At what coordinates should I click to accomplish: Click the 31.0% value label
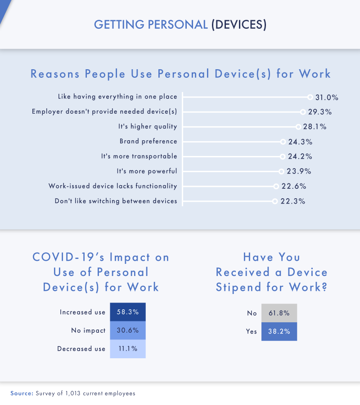(x=326, y=97)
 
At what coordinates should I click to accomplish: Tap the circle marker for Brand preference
(x=283, y=142)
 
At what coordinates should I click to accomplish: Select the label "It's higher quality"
(x=148, y=127)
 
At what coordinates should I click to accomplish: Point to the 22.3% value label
(x=292, y=201)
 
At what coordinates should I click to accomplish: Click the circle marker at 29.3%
(x=303, y=112)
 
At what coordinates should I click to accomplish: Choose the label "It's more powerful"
(x=147, y=171)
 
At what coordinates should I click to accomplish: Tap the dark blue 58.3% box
(x=128, y=312)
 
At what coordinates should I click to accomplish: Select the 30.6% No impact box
(x=128, y=330)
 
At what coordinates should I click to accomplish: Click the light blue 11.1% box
(x=128, y=349)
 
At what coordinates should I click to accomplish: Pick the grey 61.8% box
(x=279, y=313)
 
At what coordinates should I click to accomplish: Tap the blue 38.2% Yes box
(x=279, y=331)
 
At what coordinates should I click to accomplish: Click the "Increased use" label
(x=82, y=312)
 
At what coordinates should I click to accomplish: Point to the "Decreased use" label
(x=81, y=349)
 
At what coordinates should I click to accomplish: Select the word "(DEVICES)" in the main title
(x=238, y=25)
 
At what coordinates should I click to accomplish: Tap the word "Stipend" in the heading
(x=241, y=287)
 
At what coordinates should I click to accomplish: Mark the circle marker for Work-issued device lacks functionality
(x=275, y=187)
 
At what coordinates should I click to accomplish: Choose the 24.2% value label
(x=300, y=157)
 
